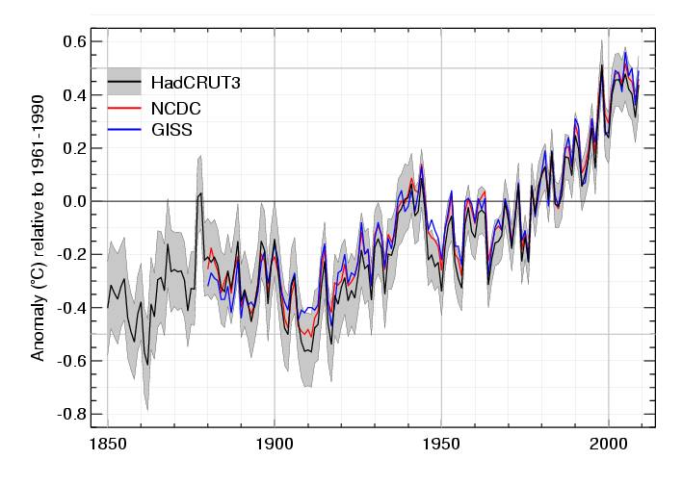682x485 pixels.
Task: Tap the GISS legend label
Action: pyautogui.click(x=171, y=130)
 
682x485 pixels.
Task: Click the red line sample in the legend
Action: pyautogui.click(x=124, y=107)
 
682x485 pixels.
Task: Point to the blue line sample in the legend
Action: pyautogui.click(x=124, y=130)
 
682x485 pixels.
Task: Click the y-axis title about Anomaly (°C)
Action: pyautogui.click(x=39, y=227)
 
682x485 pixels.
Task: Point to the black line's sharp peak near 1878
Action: pyautogui.click(x=200, y=193)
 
